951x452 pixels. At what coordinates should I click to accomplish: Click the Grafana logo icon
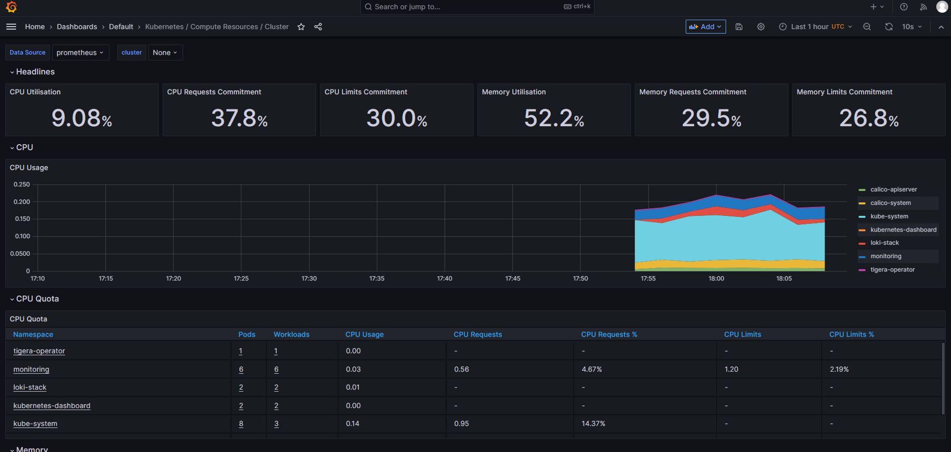tap(11, 7)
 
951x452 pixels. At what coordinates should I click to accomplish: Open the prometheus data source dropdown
tap(80, 52)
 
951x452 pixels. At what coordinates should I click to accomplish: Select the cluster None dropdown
tap(165, 52)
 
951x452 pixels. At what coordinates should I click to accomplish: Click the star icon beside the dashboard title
tap(301, 27)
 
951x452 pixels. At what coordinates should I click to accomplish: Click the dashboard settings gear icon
tap(761, 27)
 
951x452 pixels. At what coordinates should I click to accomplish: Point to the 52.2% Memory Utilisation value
tap(554, 118)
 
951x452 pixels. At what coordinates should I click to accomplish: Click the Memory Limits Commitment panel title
tap(844, 92)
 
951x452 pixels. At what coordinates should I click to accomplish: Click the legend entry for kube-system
tap(889, 216)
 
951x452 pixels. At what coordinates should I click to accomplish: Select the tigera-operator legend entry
tap(893, 269)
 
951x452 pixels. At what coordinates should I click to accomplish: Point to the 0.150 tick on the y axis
tap(21, 219)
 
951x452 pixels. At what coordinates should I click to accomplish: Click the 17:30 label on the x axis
tap(309, 279)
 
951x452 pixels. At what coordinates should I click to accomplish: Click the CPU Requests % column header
tap(609, 334)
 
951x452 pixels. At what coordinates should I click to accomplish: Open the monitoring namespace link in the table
tap(31, 369)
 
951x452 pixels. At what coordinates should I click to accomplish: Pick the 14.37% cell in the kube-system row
tap(593, 423)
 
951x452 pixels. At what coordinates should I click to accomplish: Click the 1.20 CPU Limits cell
tap(731, 369)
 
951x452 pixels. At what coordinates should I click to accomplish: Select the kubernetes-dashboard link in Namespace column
tap(52, 405)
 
